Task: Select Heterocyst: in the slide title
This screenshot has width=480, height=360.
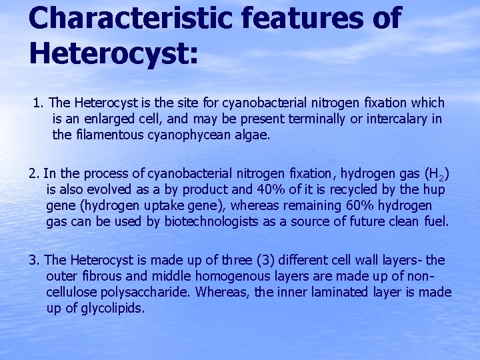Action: (113, 52)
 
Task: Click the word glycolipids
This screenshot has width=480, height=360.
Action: (113, 308)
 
